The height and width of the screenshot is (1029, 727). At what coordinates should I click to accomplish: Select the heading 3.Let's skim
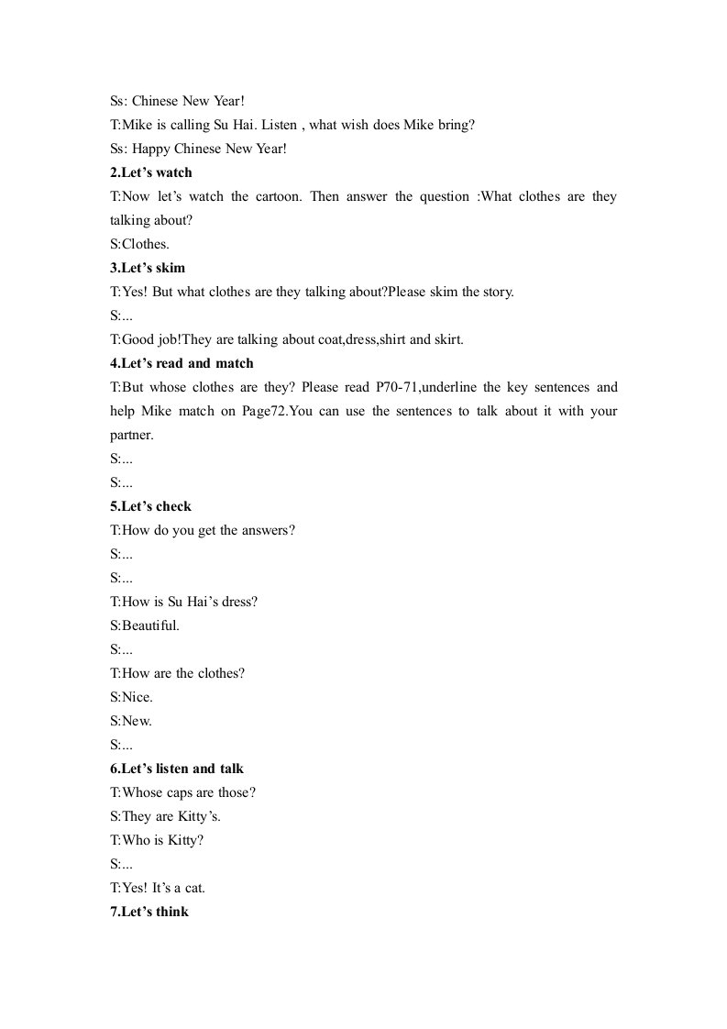[x=148, y=268]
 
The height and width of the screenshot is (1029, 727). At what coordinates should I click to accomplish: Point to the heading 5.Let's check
[x=150, y=506]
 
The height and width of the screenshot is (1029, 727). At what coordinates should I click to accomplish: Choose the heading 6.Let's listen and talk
[x=177, y=769]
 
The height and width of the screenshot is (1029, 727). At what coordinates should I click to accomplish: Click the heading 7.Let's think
[x=149, y=912]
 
